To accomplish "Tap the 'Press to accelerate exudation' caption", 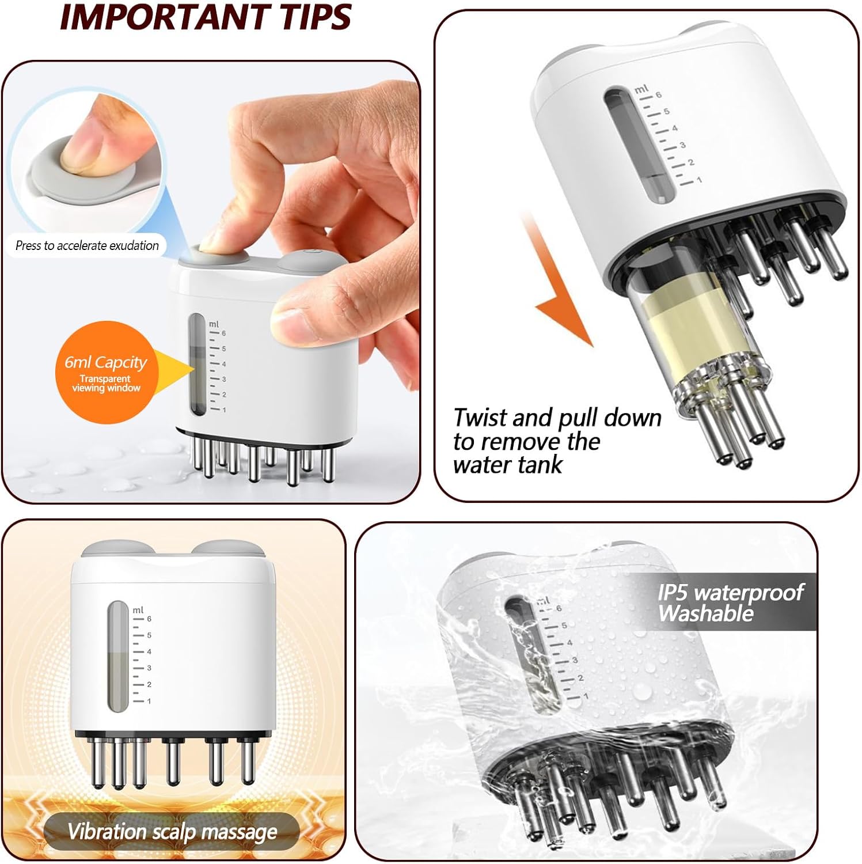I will click(x=87, y=245).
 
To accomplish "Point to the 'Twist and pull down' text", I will click(x=557, y=418).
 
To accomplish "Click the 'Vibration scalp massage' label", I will click(x=172, y=831).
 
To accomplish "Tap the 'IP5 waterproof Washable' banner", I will click(x=730, y=602).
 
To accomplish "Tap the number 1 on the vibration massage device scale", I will click(x=149, y=701).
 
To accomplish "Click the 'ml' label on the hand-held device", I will click(x=214, y=324).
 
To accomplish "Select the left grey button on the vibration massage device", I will click(x=115, y=549).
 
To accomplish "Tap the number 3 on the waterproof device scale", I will click(x=574, y=660).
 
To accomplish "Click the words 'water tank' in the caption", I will click(x=507, y=465).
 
